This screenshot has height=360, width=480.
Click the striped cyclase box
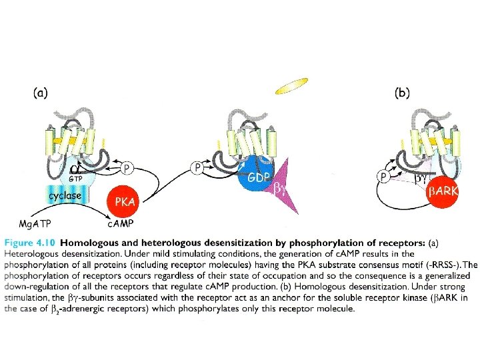point(65,196)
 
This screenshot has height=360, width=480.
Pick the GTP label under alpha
point(75,179)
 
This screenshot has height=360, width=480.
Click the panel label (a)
point(40,94)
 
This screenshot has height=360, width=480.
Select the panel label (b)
point(402,94)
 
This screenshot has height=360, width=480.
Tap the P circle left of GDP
point(198,168)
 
